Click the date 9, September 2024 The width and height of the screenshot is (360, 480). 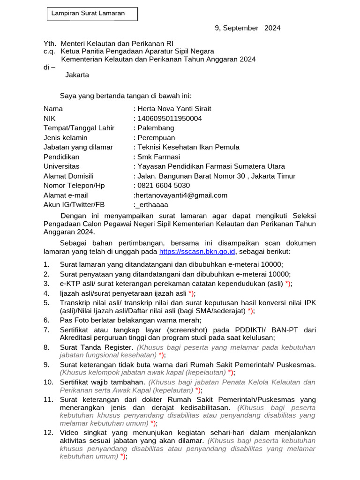coord(247,28)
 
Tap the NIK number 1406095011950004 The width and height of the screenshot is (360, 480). coord(169,119)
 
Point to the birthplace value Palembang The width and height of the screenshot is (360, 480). coord(155,128)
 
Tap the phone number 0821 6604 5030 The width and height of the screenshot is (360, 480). coord(164,186)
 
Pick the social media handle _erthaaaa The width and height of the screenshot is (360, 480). coord(152,205)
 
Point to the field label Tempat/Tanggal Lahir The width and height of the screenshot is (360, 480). coord(79,128)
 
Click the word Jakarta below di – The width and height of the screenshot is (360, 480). coord(77,75)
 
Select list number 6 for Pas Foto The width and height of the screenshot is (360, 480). coord(46,320)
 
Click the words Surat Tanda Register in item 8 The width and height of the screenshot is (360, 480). coord(97,347)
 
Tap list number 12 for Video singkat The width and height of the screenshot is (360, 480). coord(48,432)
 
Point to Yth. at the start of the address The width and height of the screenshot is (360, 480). coord(50,43)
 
